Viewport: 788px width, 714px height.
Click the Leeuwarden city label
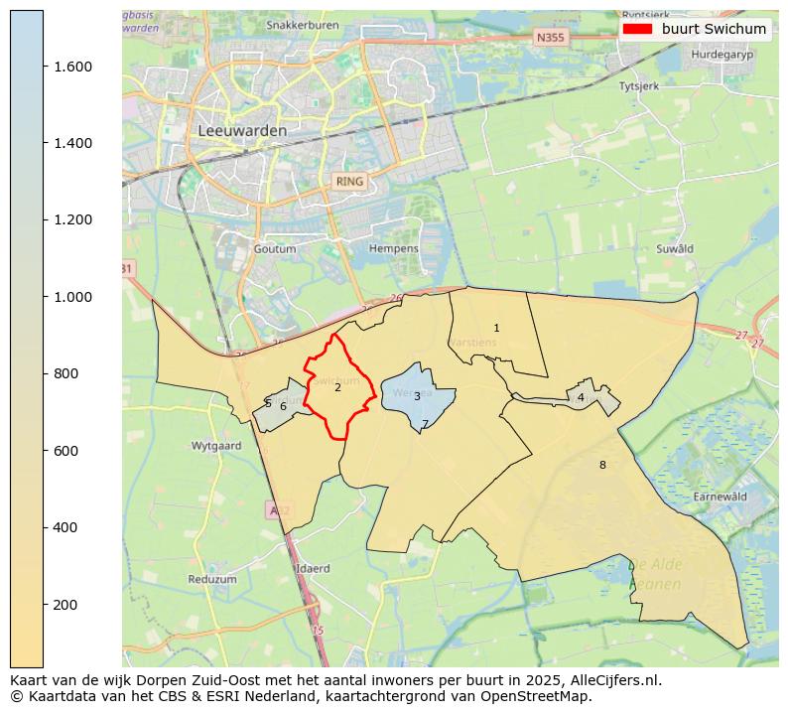(242, 130)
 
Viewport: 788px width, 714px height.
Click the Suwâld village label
(674, 248)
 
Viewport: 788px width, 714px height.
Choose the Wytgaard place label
(216, 446)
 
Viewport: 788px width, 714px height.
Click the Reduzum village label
(211, 579)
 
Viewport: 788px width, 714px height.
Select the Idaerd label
(313, 569)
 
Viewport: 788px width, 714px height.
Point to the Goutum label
(275, 248)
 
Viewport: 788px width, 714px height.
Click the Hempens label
(393, 248)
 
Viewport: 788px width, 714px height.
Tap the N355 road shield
(548, 38)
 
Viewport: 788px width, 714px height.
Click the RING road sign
(349, 182)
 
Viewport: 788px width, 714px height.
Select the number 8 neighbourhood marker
(601, 465)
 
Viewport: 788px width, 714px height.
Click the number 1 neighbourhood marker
(496, 328)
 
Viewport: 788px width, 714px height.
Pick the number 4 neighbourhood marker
(581, 398)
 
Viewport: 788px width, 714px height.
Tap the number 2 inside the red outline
(337, 387)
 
